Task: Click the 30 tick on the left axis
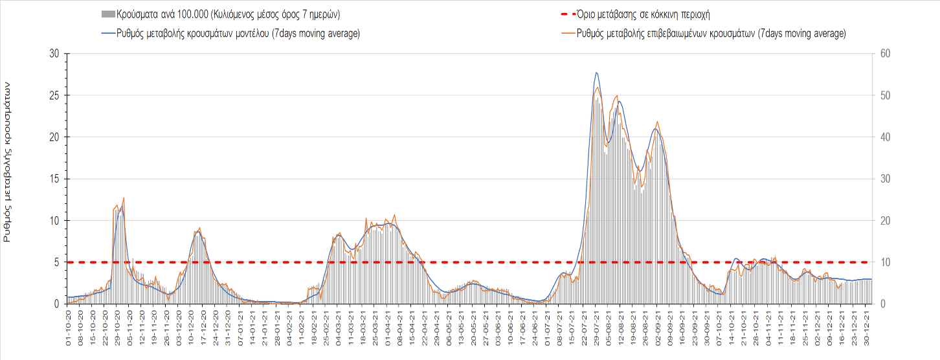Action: [54, 54]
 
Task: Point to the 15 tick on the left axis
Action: [54, 179]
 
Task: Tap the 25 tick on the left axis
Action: [54, 95]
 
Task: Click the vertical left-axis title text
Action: [8, 162]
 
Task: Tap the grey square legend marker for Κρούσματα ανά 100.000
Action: [108, 14]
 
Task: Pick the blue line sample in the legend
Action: [107, 34]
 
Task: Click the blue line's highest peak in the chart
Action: [596, 73]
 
